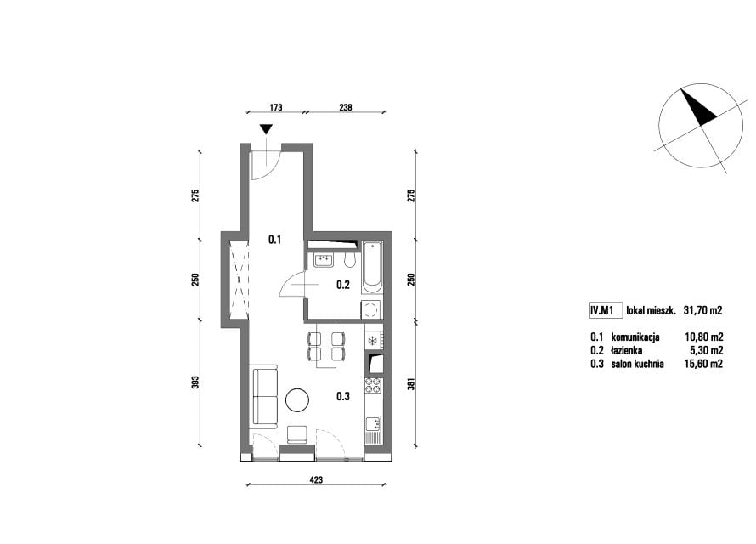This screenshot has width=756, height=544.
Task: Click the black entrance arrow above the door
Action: click(x=266, y=128)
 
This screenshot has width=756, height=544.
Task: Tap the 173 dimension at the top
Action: click(x=275, y=108)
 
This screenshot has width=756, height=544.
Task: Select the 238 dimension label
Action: click(x=345, y=108)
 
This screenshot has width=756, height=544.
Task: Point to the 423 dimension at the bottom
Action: click(x=316, y=480)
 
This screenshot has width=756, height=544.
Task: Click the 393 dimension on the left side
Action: click(x=195, y=382)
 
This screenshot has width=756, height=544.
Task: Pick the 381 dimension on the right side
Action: click(x=411, y=384)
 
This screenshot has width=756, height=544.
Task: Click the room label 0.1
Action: click(x=275, y=240)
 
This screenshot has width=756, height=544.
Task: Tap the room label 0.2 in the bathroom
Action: click(x=343, y=285)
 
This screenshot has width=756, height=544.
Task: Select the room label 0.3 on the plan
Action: click(x=343, y=397)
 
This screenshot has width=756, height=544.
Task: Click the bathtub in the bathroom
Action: click(x=372, y=268)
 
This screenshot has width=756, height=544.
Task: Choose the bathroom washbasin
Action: click(x=324, y=260)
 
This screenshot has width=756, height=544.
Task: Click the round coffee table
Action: click(x=297, y=400)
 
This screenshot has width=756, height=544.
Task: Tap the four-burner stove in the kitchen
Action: click(x=373, y=386)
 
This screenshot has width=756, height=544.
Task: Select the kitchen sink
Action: click(x=373, y=424)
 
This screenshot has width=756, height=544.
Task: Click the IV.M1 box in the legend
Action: click(x=601, y=310)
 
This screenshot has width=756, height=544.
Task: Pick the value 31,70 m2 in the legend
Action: click(x=702, y=310)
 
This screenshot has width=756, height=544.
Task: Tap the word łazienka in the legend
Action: click(x=627, y=350)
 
